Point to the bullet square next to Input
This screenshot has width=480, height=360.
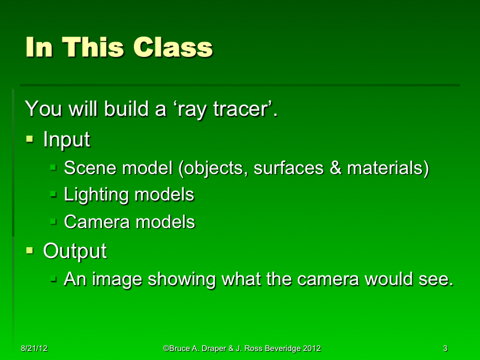point(31,139)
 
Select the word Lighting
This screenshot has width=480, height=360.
point(96,195)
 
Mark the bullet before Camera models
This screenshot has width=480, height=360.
point(53,221)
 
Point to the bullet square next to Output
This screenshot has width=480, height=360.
point(31,250)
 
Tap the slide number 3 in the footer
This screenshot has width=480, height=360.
point(445,349)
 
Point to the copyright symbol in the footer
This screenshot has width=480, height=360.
point(166,349)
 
